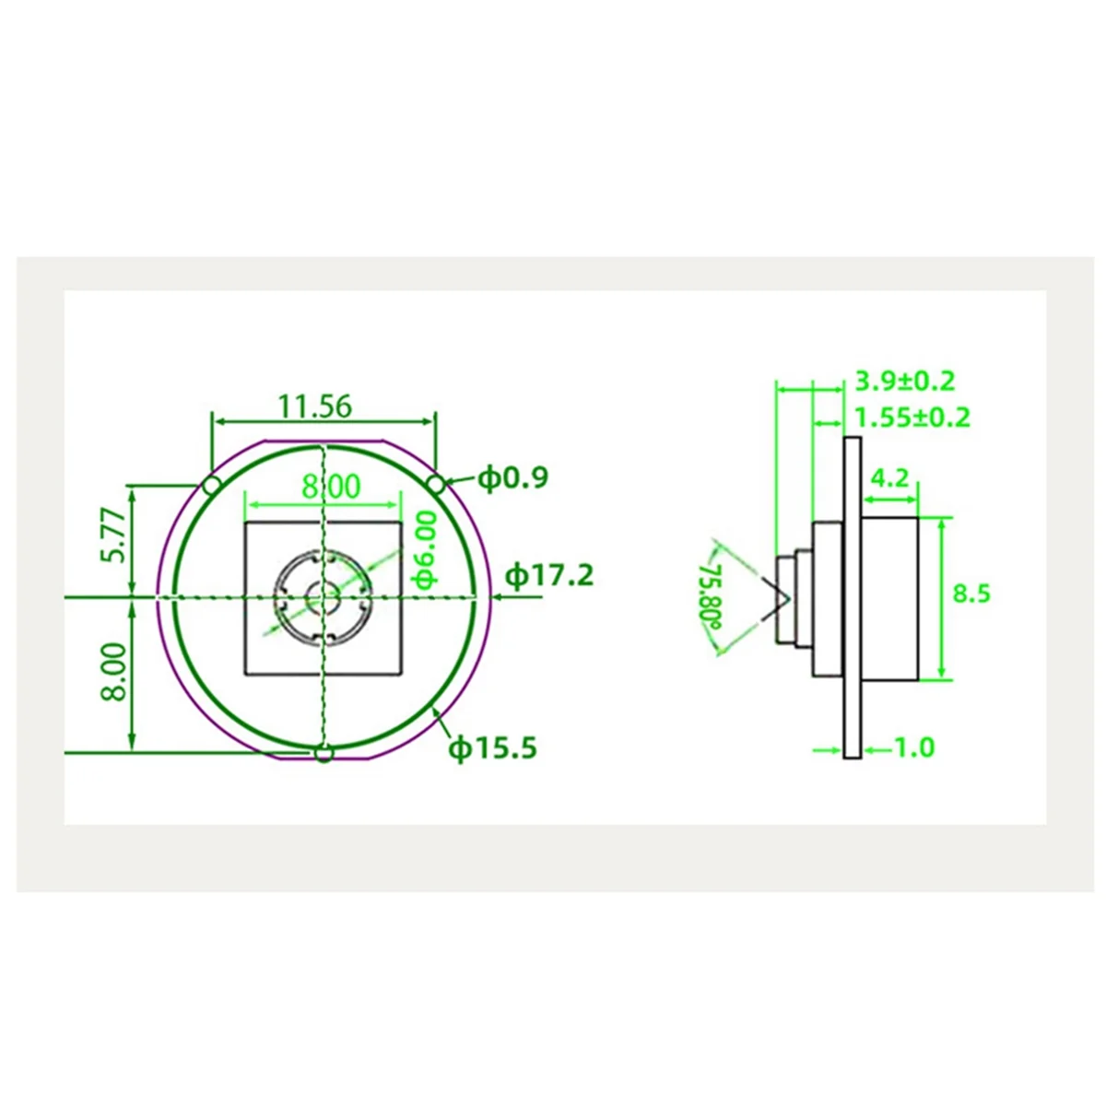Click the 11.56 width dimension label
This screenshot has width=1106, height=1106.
(314, 406)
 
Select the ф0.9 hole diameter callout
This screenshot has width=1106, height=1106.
(513, 477)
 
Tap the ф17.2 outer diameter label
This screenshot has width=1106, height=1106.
(549, 575)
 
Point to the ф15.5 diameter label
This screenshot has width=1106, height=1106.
(493, 748)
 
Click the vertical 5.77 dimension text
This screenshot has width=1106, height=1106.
(112, 535)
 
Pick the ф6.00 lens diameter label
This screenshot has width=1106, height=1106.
(426, 550)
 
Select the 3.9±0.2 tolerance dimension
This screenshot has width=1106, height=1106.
(905, 381)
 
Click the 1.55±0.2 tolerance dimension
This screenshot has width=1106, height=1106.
(912, 418)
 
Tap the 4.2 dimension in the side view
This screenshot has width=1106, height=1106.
(890, 477)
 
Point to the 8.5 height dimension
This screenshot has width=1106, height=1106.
(971, 594)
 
